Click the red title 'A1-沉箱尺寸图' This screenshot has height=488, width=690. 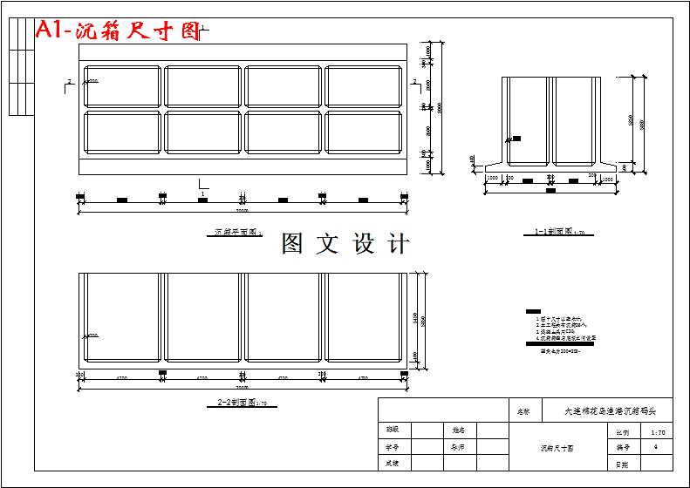117,31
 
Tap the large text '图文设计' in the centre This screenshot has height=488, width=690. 345,244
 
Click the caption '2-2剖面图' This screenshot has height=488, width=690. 240,403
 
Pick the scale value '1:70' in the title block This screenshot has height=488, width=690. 658,431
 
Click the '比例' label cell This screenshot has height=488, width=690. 622,431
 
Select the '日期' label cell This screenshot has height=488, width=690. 622,464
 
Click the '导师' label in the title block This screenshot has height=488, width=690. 458,447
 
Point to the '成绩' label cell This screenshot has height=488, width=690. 393,464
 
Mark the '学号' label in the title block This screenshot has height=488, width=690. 393,447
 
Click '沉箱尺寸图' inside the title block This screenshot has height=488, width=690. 557,448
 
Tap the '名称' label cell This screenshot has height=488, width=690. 523,410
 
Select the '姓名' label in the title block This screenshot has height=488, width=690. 458,430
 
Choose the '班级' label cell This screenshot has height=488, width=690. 393,430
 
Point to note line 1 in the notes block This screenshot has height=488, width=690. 557,319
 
